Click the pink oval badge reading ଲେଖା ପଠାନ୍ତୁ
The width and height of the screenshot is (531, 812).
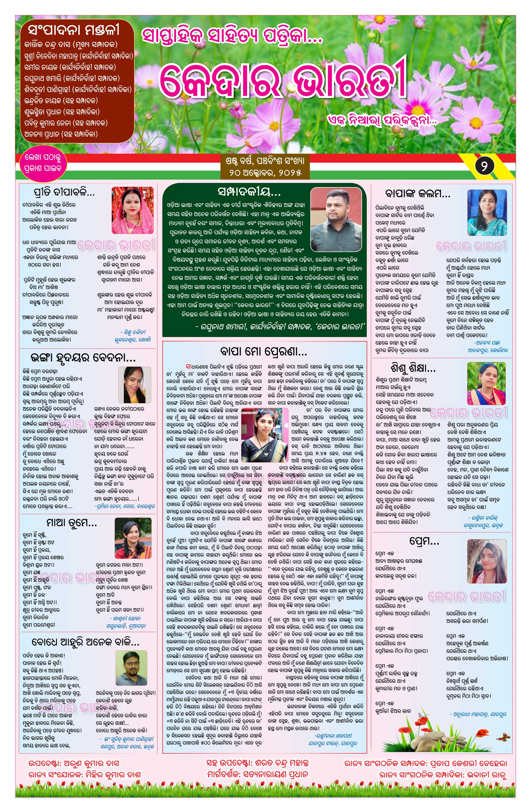(43, 163)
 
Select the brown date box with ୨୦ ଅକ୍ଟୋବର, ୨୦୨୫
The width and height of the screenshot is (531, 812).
(265, 167)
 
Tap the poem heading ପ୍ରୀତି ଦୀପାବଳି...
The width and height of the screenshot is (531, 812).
(64, 193)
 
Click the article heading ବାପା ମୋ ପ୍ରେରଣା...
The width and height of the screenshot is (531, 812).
(264, 351)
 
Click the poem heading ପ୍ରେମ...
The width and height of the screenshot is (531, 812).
(424, 541)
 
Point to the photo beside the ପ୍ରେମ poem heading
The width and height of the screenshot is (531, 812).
(487, 561)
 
